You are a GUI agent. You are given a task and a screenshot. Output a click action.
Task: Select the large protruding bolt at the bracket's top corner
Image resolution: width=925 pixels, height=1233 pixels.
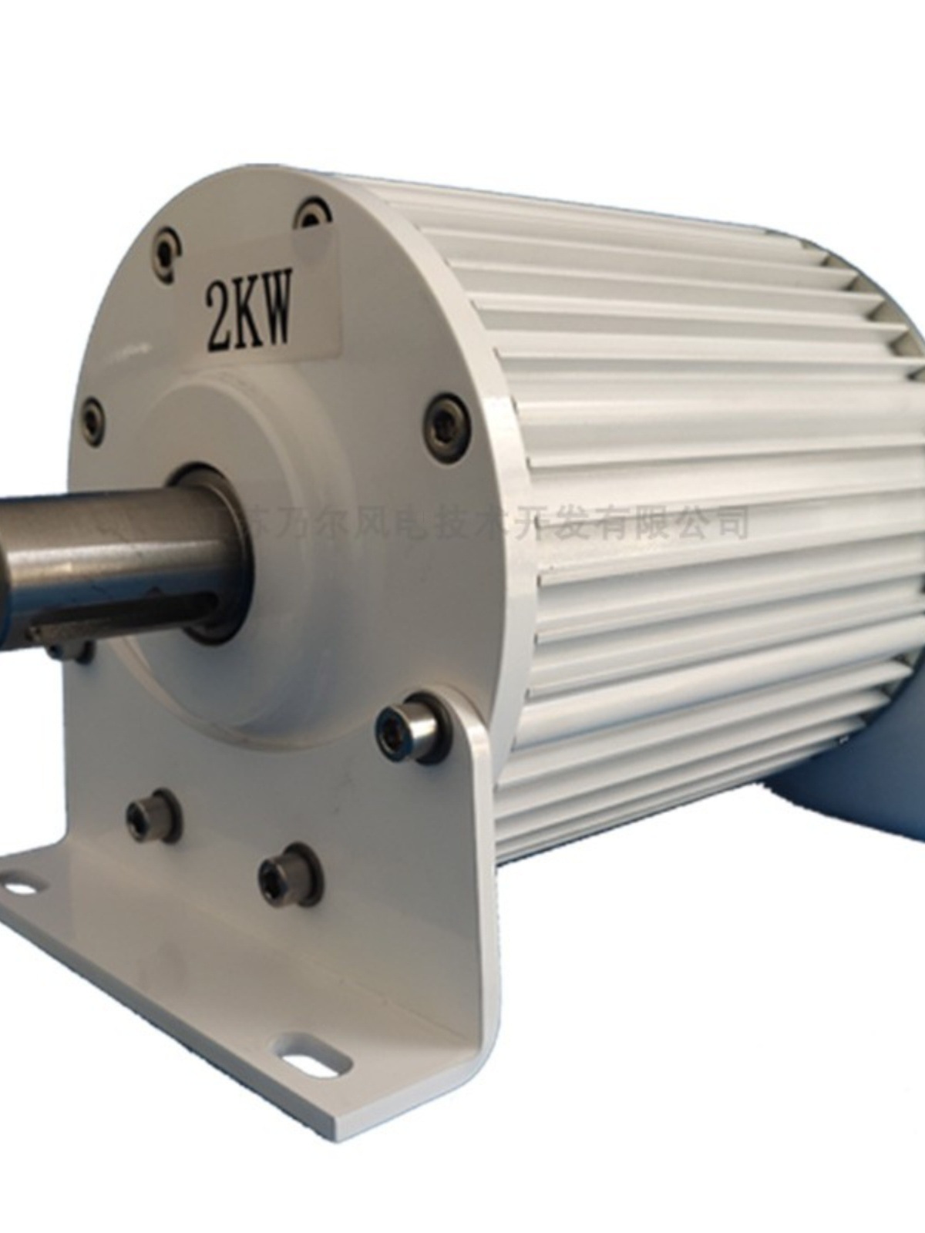(x=409, y=727)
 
